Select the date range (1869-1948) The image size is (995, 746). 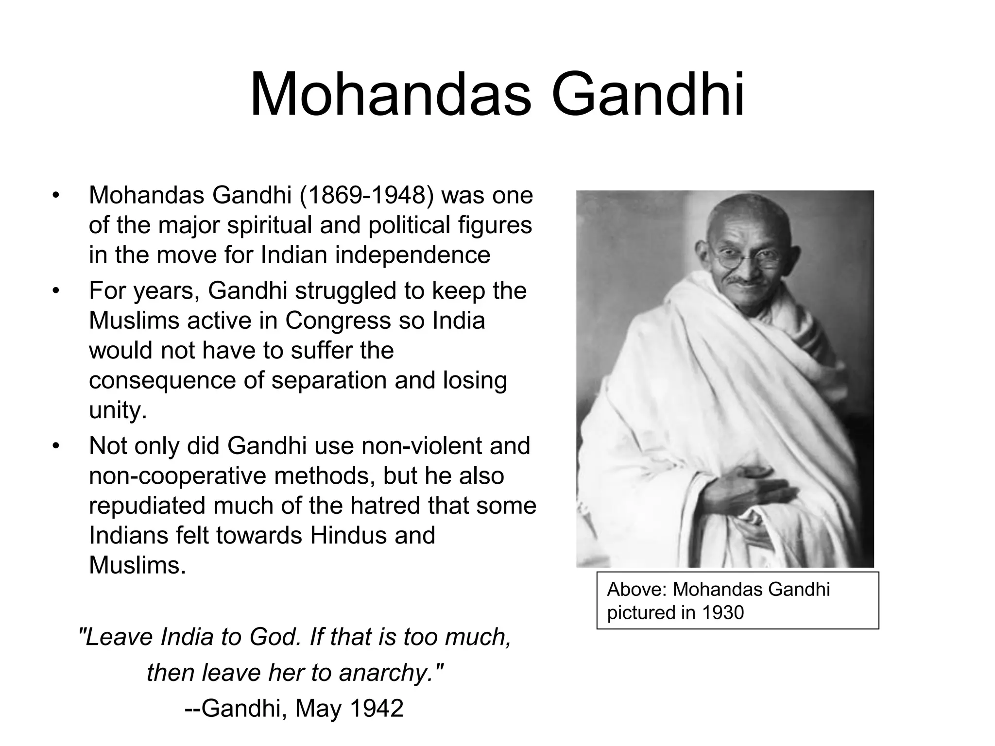[x=366, y=195]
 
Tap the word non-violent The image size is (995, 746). [x=415, y=446]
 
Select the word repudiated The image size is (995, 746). [x=147, y=506]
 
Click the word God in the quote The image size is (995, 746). [x=275, y=637]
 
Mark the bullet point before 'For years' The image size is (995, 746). [x=56, y=291]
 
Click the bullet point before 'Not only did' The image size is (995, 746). [x=56, y=446]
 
